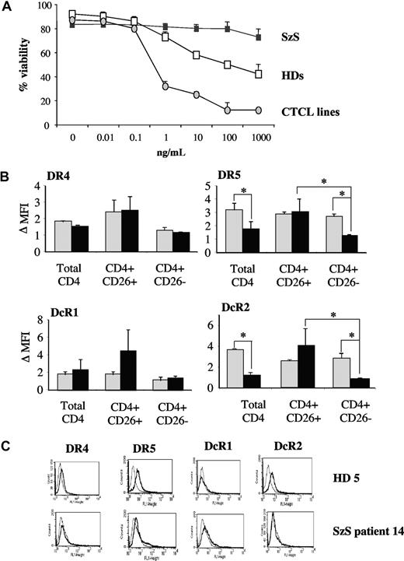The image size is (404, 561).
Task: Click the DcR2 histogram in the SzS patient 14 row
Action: click(287, 525)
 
